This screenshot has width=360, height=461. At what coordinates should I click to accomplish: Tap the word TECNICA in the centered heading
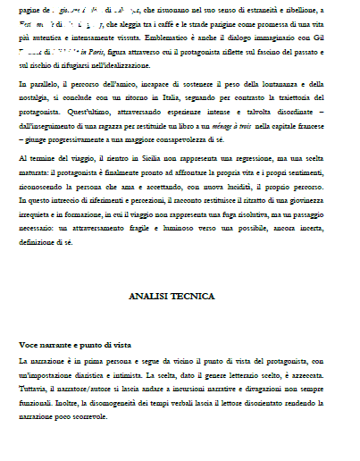[190, 295]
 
